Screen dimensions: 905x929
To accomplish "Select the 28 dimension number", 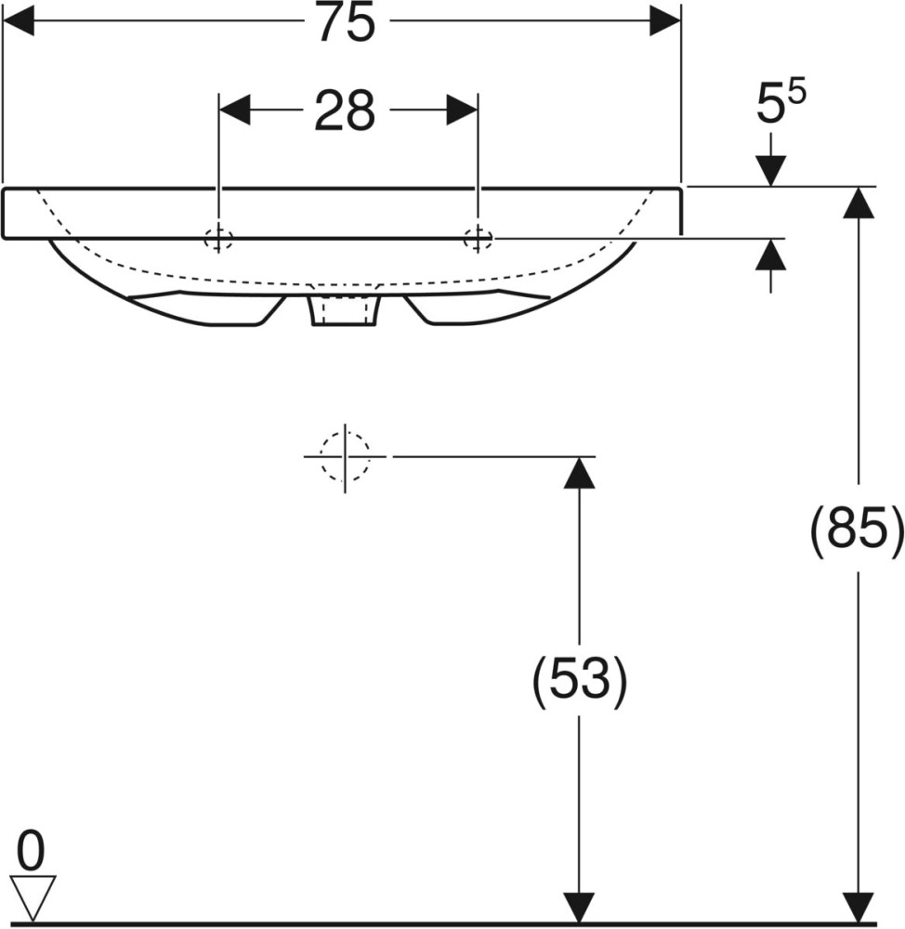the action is (x=345, y=111).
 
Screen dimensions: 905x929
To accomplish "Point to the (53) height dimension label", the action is (x=579, y=679).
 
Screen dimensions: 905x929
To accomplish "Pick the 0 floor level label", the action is (x=31, y=850).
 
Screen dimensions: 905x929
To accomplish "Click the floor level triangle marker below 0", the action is (x=33, y=898).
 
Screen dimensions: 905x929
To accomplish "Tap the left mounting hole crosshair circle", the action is (x=218, y=240).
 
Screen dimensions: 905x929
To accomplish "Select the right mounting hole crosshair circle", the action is (x=478, y=239).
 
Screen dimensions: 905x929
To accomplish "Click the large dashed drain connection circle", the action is (x=345, y=457).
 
